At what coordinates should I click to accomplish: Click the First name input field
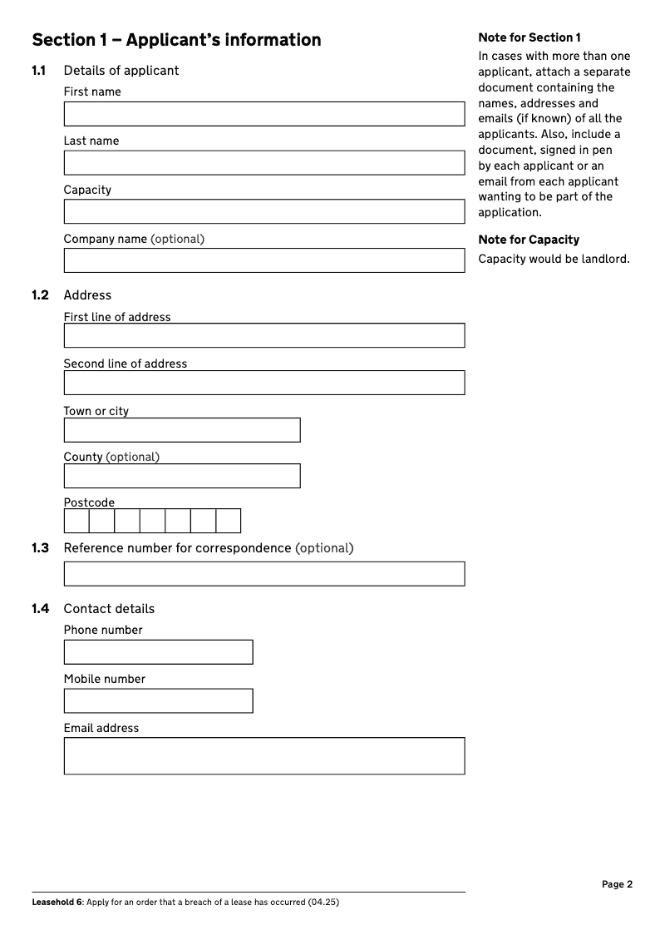click(x=264, y=114)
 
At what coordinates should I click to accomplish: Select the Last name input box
click(x=264, y=163)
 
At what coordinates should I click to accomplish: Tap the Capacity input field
click(x=264, y=211)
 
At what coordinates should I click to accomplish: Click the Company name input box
click(x=264, y=260)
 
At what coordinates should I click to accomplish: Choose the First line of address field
click(x=264, y=335)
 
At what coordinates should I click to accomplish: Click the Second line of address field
click(x=264, y=383)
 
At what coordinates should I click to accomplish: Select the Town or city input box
click(x=181, y=430)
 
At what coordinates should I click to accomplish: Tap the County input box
click(x=181, y=476)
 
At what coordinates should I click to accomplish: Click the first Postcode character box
click(x=76, y=521)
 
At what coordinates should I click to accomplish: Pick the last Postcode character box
click(x=229, y=521)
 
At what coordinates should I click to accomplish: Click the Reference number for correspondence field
click(x=264, y=574)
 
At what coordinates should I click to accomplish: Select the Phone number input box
click(x=158, y=652)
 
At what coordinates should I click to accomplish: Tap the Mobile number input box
click(x=158, y=700)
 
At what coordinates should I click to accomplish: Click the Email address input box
click(x=264, y=755)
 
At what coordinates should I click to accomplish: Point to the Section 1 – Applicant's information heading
click(x=176, y=40)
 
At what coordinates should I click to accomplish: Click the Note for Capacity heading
click(x=529, y=240)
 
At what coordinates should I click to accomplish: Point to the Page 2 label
click(x=617, y=884)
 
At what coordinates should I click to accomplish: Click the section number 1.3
click(x=40, y=548)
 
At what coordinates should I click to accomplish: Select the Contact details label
click(x=109, y=609)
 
